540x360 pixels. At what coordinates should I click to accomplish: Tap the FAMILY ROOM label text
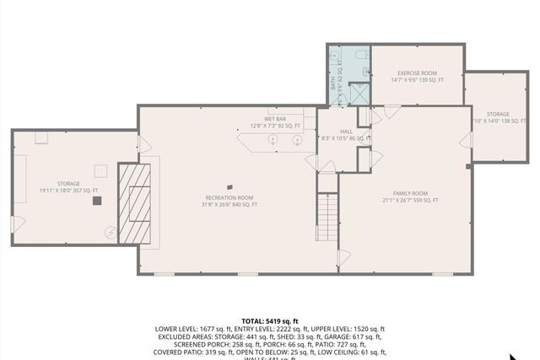(410, 196)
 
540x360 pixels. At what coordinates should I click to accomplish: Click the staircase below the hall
(327, 215)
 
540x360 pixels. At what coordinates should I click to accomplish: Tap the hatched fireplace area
(132, 202)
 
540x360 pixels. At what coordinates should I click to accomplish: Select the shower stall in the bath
(359, 91)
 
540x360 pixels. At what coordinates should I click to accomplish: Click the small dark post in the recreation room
(229, 187)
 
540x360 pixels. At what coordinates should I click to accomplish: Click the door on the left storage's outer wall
(14, 224)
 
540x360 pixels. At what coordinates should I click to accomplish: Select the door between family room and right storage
(464, 142)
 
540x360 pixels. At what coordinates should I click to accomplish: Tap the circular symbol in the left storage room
(109, 231)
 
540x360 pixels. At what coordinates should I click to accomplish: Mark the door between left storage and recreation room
(143, 145)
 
